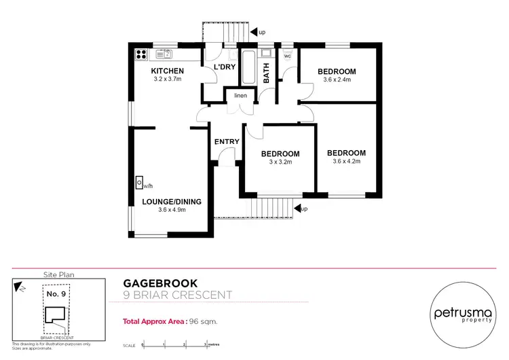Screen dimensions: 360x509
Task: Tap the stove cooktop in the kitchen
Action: pyautogui.click(x=142, y=54)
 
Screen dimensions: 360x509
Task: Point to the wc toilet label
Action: pyautogui.click(x=287, y=56)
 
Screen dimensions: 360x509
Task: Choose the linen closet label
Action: pyautogui.click(x=240, y=96)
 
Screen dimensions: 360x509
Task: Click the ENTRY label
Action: pyautogui.click(x=226, y=141)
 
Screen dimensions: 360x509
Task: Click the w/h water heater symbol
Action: pyautogui.click(x=138, y=183)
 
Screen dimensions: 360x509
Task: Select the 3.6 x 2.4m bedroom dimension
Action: pyautogui.click(x=337, y=80)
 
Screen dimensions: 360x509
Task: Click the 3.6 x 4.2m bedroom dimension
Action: pyautogui.click(x=346, y=162)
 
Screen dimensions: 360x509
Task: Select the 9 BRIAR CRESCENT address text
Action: pyautogui.click(x=177, y=295)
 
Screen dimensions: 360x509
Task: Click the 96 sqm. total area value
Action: pyautogui.click(x=203, y=321)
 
